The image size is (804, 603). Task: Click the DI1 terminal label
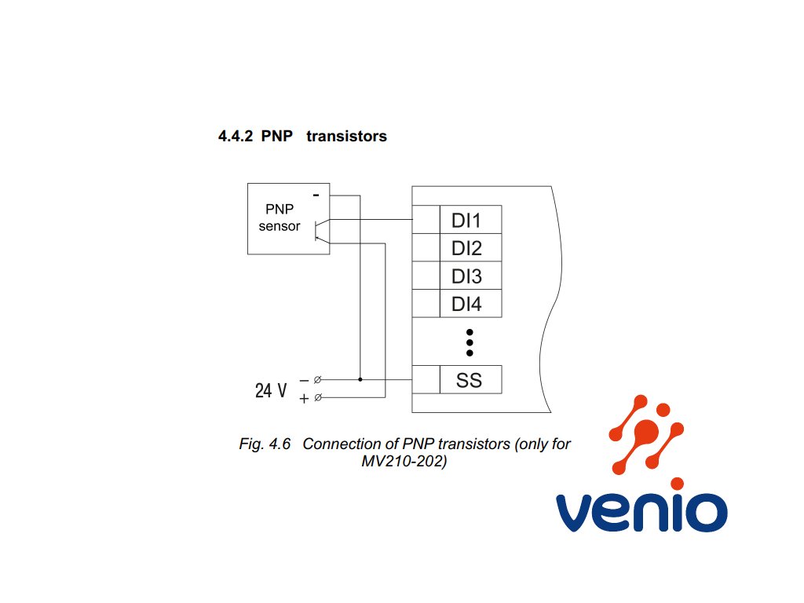466,221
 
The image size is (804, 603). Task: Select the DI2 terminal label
466,248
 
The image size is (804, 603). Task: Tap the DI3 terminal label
466,276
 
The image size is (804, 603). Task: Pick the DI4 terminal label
466,304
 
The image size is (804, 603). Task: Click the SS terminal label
469,380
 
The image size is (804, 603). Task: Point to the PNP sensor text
280,217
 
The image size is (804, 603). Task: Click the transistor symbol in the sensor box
321,230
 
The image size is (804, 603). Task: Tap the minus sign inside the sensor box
316,195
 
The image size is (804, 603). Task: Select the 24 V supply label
271,390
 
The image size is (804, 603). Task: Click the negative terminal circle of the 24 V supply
317,379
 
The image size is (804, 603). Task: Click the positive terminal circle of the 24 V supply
318,397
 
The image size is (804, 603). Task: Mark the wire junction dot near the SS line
360,379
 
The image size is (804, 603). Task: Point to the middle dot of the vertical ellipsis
470,342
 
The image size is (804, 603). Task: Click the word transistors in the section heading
346,136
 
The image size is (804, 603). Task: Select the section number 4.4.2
236,136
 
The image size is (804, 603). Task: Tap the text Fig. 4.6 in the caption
265,444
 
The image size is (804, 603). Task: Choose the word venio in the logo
641,513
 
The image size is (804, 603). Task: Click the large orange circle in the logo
646,431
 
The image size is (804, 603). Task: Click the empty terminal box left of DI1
426,220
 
